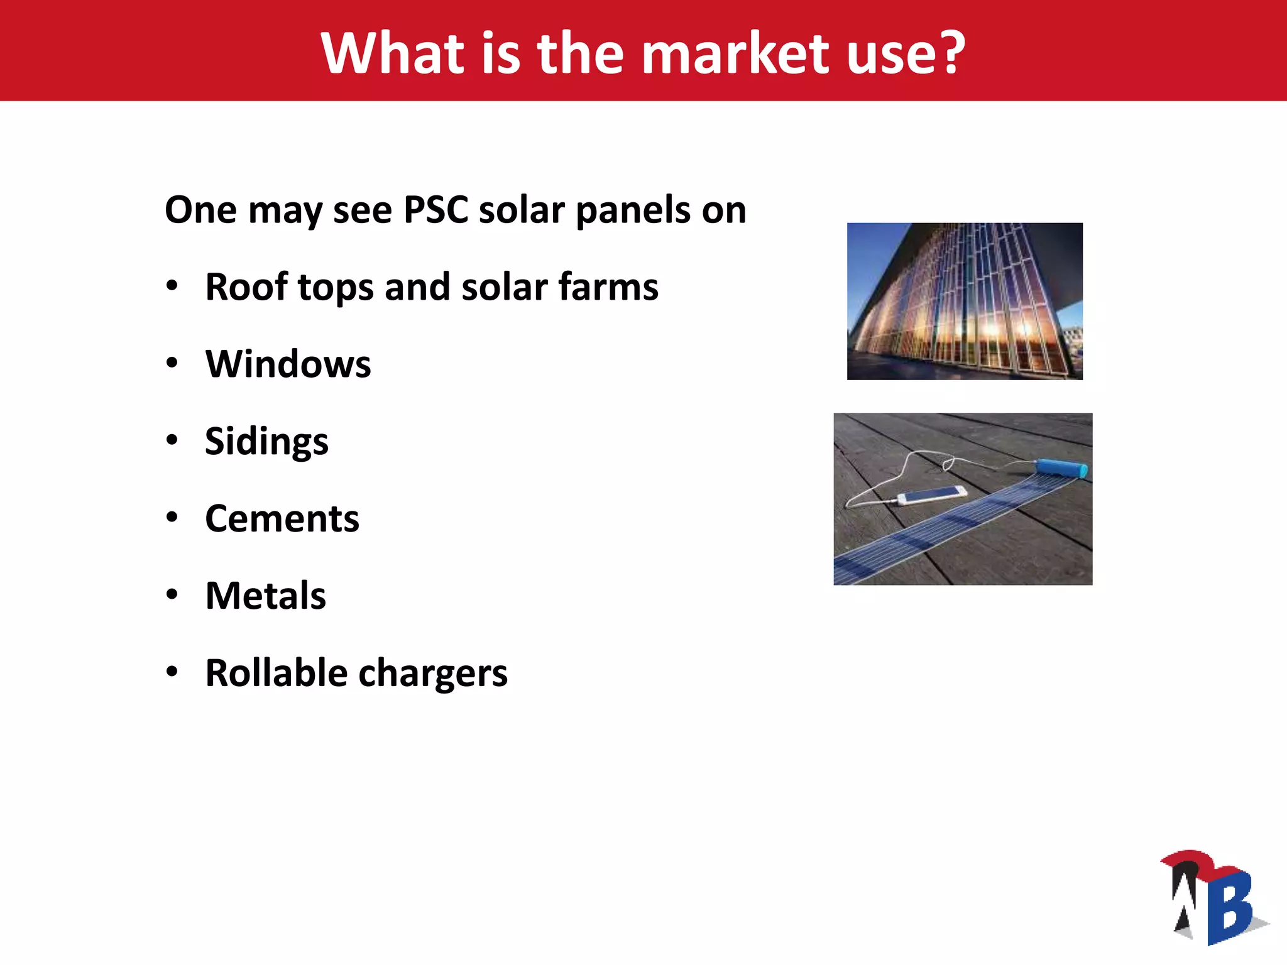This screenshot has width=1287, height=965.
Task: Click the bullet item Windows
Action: [288, 364]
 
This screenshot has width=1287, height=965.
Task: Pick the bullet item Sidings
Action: [266, 441]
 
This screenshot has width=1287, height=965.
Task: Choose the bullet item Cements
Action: [282, 518]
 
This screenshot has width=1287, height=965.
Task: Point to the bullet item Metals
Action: [266, 596]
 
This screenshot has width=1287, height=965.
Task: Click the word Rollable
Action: [277, 673]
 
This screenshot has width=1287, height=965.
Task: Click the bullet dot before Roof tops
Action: [172, 286]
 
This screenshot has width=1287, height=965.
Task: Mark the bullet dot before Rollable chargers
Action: [172, 672]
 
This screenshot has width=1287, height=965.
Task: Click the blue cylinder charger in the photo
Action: [1061, 468]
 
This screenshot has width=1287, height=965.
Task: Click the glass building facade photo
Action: [965, 302]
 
